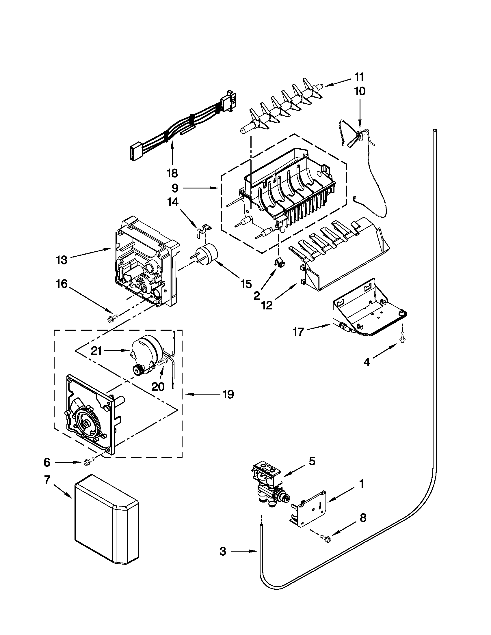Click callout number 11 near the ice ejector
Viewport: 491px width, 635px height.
(x=359, y=77)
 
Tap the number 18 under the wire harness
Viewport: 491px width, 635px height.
(x=172, y=173)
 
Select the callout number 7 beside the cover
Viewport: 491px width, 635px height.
(x=47, y=480)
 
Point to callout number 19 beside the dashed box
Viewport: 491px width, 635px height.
(x=228, y=395)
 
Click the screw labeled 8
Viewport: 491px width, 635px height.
(x=325, y=538)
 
